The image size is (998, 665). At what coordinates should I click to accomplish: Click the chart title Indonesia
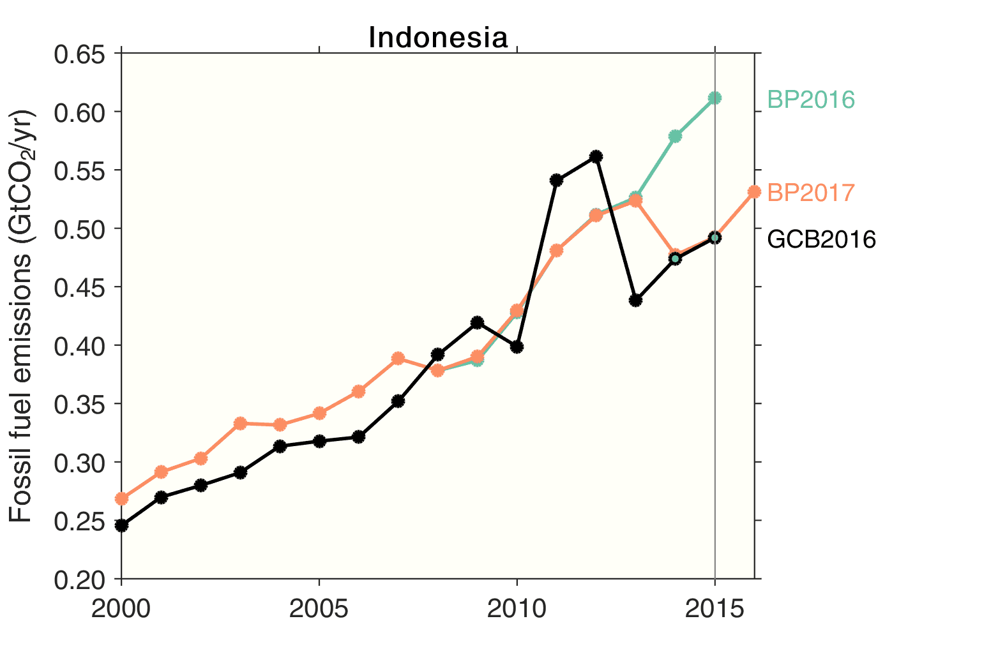click(438, 38)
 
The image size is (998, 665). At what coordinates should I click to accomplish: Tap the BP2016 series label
click(811, 100)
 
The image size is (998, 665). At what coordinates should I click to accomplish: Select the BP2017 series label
click(811, 193)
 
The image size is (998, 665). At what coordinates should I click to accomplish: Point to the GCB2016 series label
click(821, 240)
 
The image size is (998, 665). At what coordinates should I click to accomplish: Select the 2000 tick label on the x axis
click(121, 609)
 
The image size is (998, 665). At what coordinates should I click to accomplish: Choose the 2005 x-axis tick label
click(319, 609)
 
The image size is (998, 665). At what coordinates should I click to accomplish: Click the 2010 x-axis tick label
click(517, 609)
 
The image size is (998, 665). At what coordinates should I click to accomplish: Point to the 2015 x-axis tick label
click(714, 609)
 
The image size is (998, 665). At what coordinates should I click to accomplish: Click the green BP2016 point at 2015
click(714, 98)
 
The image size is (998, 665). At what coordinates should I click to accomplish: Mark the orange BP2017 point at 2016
click(754, 191)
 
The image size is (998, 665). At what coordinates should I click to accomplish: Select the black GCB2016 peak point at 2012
click(596, 156)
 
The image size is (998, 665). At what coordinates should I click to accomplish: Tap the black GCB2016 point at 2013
click(635, 300)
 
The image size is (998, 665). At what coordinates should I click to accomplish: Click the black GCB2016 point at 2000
click(121, 526)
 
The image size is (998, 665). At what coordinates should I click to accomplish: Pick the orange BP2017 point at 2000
click(121, 498)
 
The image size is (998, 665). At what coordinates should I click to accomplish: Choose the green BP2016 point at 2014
click(675, 136)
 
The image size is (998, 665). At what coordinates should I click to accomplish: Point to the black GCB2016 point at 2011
click(556, 180)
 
